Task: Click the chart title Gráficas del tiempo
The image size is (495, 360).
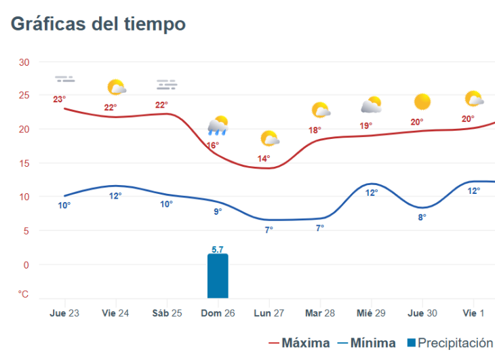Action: coord(98,24)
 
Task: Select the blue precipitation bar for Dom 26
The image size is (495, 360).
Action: coord(218,276)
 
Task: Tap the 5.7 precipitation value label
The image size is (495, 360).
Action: coord(218,249)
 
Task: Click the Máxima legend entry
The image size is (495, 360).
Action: coord(300,343)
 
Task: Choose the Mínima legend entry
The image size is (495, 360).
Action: coord(366,343)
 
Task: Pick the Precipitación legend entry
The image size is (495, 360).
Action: coord(449,343)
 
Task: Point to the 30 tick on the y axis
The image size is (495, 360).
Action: coord(24,62)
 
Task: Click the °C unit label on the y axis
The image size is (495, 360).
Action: coord(24,294)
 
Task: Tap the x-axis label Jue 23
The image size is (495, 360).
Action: coord(65,313)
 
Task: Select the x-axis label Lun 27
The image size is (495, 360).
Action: coord(269,313)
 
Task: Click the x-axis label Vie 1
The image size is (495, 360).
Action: coord(473,313)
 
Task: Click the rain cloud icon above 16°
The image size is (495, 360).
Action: coord(218,125)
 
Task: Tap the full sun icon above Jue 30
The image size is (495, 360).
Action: coord(422,102)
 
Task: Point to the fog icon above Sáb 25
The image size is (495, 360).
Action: coord(167,85)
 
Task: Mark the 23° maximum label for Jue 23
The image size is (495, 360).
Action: coord(60,100)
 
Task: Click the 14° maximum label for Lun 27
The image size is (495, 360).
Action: coord(264,159)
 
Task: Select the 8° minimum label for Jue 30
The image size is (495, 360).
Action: coord(422,218)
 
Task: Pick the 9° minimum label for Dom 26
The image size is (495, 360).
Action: coord(218,212)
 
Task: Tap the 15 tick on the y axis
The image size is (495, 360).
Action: coord(24,163)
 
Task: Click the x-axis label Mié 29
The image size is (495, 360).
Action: coord(372,313)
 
